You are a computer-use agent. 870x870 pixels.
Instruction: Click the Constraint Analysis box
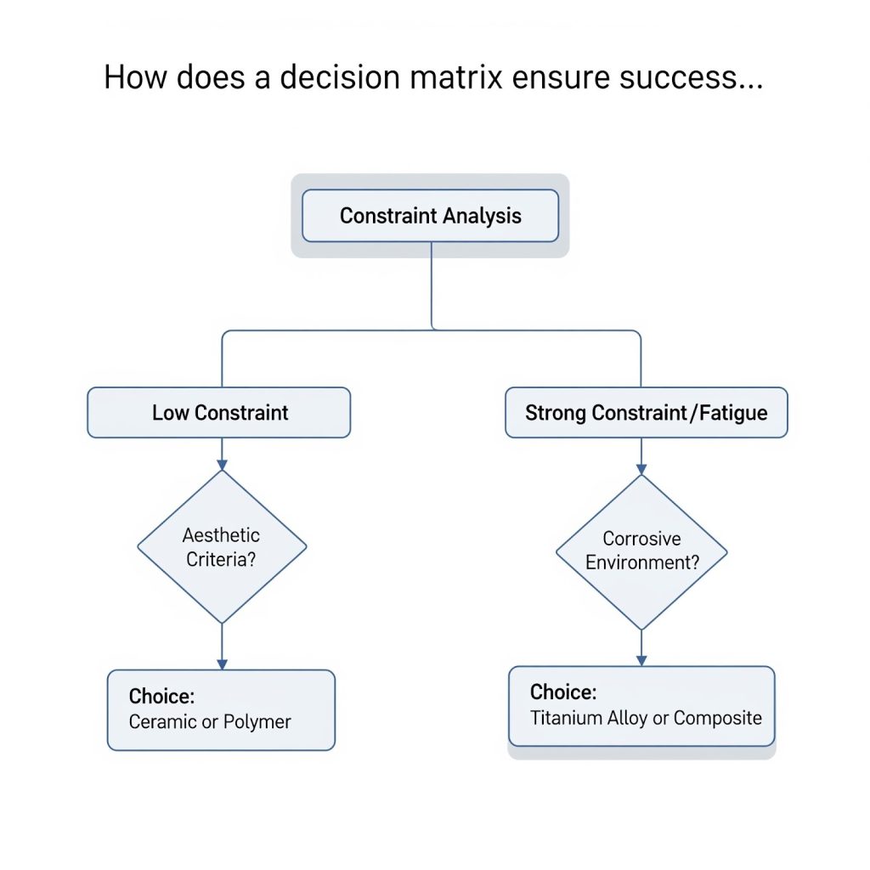pyautogui.click(x=430, y=216)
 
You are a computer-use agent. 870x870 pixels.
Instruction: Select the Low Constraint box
pyautogui.click(x=219, y=413)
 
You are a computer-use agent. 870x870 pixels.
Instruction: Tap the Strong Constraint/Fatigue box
pyautogui.click(x=646, y=413)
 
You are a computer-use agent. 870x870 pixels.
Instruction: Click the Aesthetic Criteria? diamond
pyautogui.click(x=222, y=546)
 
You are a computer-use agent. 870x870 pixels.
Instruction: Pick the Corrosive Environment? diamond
pyautogui.click(x=641, y=551)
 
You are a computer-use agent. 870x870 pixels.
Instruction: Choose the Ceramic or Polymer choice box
pyautogui.click(x=221, y=709)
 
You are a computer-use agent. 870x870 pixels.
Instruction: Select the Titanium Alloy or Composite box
pyautogui.click(x=641, y=706)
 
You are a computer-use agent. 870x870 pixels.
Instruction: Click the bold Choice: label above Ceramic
pyautogui.click(x=161, y=696)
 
